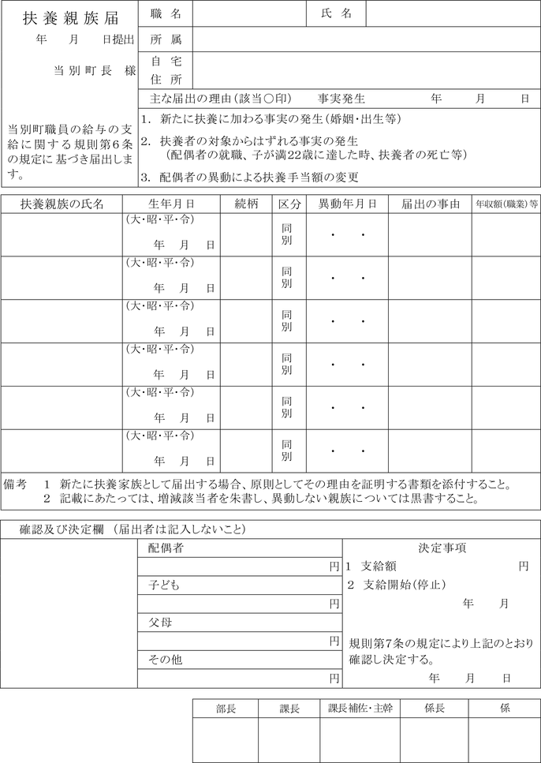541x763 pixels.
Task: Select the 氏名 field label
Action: pyautogui.click(x=337, y=14)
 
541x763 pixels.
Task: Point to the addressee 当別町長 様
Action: pyautogui.click(x=95, y=70)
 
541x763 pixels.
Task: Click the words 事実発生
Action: pyautogui.click(x=341, y=99)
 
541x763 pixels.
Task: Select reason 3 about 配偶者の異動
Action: pyautogui.click(x=250, y=177)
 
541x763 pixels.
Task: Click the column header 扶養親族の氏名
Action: pyautogui.click(x=62, y=204)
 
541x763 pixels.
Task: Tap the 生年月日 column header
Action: pyautogui.click(x=171, y=204)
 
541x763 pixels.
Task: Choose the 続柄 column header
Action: pyautogui.click(x=247, y=204)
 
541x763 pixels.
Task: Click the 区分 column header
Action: pyautogui.click(x=289, y=204)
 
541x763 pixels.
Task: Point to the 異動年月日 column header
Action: pyautogui.click(x=347, y=204)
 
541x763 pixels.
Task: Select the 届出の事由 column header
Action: pyautogui.click(x=430, y=204)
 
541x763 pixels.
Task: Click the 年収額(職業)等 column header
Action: pyautogui.click(x=506, y=204)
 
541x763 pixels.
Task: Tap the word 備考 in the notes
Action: pyautogui.click(x=17, y=483)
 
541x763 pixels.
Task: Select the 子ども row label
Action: pyautogui.click(x=165, y=585)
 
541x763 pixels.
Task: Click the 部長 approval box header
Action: pyautogui.click(x=226, y=709)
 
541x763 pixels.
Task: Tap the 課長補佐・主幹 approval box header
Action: pyautogui.click(x=360, y=709)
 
